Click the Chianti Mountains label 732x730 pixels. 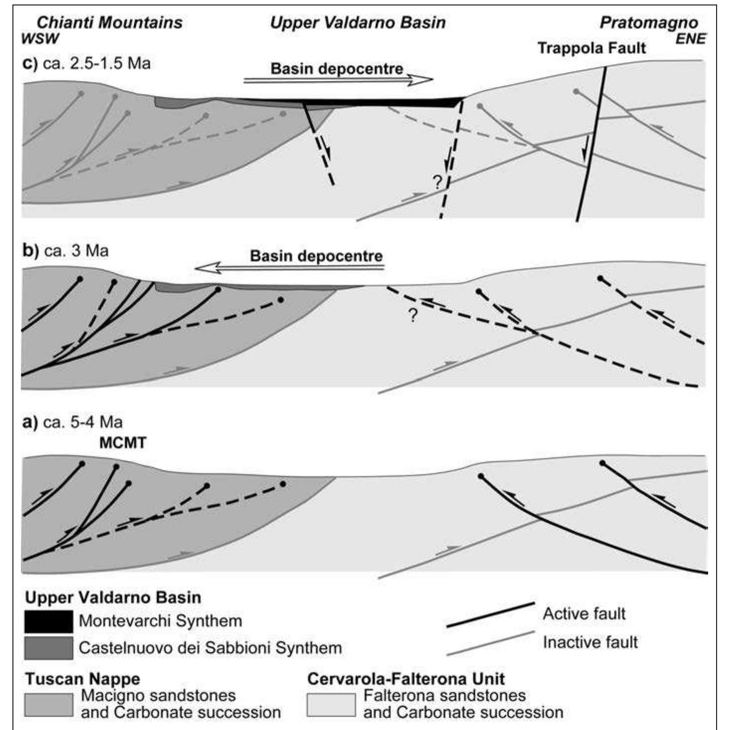[109, 23]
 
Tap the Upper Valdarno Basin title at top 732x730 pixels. [358, 23]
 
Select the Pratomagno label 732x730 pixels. [649, 23]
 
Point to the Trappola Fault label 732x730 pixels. [592, 48]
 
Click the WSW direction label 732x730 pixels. [40, 39]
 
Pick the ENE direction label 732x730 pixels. [690, 39]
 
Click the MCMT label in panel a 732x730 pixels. [123, 443]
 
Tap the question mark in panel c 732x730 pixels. [438, 183]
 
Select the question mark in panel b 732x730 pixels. [413, 315]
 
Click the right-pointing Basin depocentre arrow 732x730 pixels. [338, 80]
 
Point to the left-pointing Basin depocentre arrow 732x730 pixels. [289, 268]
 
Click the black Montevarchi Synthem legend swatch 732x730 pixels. [49, 621]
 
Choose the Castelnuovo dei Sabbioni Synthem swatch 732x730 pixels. [49, 648]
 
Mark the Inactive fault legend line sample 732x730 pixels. [490, 643]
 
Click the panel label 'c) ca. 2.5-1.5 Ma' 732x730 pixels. [87, 63]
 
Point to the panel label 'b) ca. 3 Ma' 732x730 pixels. [65, 251]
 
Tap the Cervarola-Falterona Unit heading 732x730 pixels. [406, 679]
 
